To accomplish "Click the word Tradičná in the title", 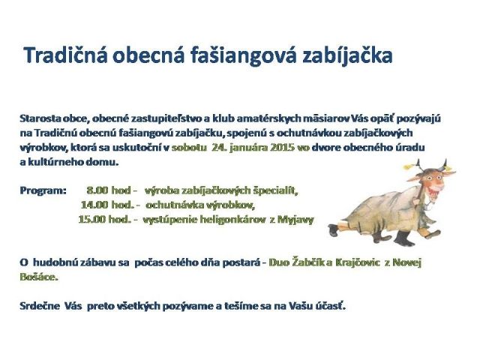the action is [65, 55].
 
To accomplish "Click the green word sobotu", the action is [189, 148].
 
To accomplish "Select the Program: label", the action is [43, 190].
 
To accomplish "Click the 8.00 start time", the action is [97, 190].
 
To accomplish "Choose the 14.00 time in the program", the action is [94, 205].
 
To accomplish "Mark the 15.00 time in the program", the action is [91, 220].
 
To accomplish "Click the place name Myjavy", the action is [295, 220].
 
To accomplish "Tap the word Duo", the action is [279, 262].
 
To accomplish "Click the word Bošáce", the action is [39, 277].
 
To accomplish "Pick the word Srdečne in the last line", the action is [40, 306].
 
